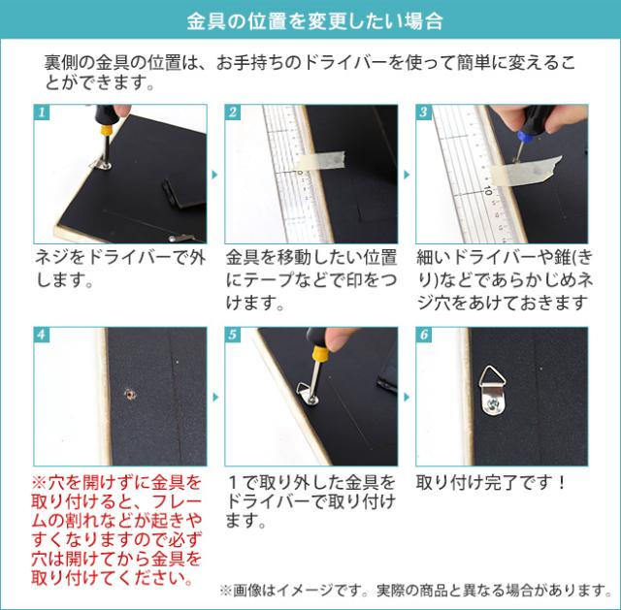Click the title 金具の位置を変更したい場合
[310, 19]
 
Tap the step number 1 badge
[42, 112]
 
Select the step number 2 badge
[233, 112]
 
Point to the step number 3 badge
[424, 112]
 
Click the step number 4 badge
[42, 335]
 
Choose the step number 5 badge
[233, 335]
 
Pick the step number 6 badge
[424, 335]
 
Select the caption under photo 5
[309, 500]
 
